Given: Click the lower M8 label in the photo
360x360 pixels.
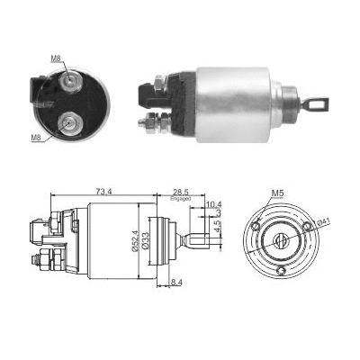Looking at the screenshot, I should tap(36, 138).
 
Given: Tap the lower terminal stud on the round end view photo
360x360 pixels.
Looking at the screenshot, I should tap(67, 121).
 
